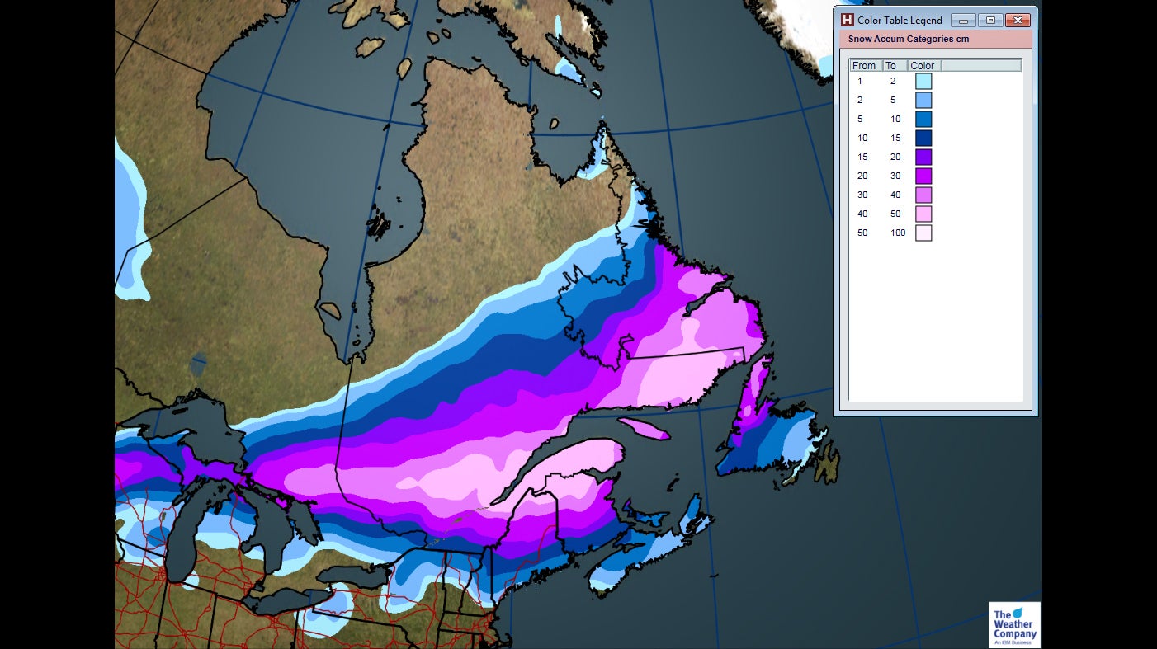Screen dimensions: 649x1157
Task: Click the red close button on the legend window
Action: (x=1018, y=21)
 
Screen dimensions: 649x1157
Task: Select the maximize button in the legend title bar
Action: (x=990, y=21)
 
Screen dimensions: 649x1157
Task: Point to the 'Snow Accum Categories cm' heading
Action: (x=908, y=39)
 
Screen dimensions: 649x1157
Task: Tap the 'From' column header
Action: (x=864, y=66)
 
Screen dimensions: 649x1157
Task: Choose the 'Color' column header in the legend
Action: (x=923, y=66)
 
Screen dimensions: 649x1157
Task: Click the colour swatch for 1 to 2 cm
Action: (x=923, y=81)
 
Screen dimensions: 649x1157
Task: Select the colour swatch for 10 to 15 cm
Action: (x=923, y=138)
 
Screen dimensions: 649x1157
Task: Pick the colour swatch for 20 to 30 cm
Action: (x=923, y=176)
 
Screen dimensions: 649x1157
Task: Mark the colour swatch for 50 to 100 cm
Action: (x=923, y=233)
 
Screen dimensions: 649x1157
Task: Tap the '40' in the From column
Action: (x=862, y=214)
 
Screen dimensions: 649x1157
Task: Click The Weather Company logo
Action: (x=1014, y=625)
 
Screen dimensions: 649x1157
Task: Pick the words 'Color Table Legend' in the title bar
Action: (x=900, y=21)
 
